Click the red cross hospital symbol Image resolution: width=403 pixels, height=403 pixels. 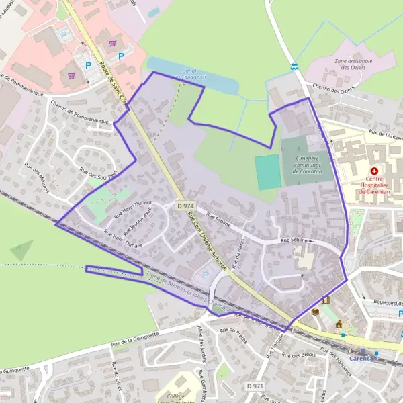(373, 172)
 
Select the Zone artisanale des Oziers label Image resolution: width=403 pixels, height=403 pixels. (353, 64)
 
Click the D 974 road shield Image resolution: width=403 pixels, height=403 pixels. (186, 205)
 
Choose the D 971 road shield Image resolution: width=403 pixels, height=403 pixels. (255, 386)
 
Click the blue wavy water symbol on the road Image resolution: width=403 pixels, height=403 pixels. (294, 66)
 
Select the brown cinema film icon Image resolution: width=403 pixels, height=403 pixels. (326, 300)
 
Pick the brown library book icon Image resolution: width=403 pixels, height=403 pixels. (314, 312)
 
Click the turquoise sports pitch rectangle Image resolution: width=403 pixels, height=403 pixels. (267, 172)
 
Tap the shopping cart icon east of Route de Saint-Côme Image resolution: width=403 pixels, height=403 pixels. (113, 43)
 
